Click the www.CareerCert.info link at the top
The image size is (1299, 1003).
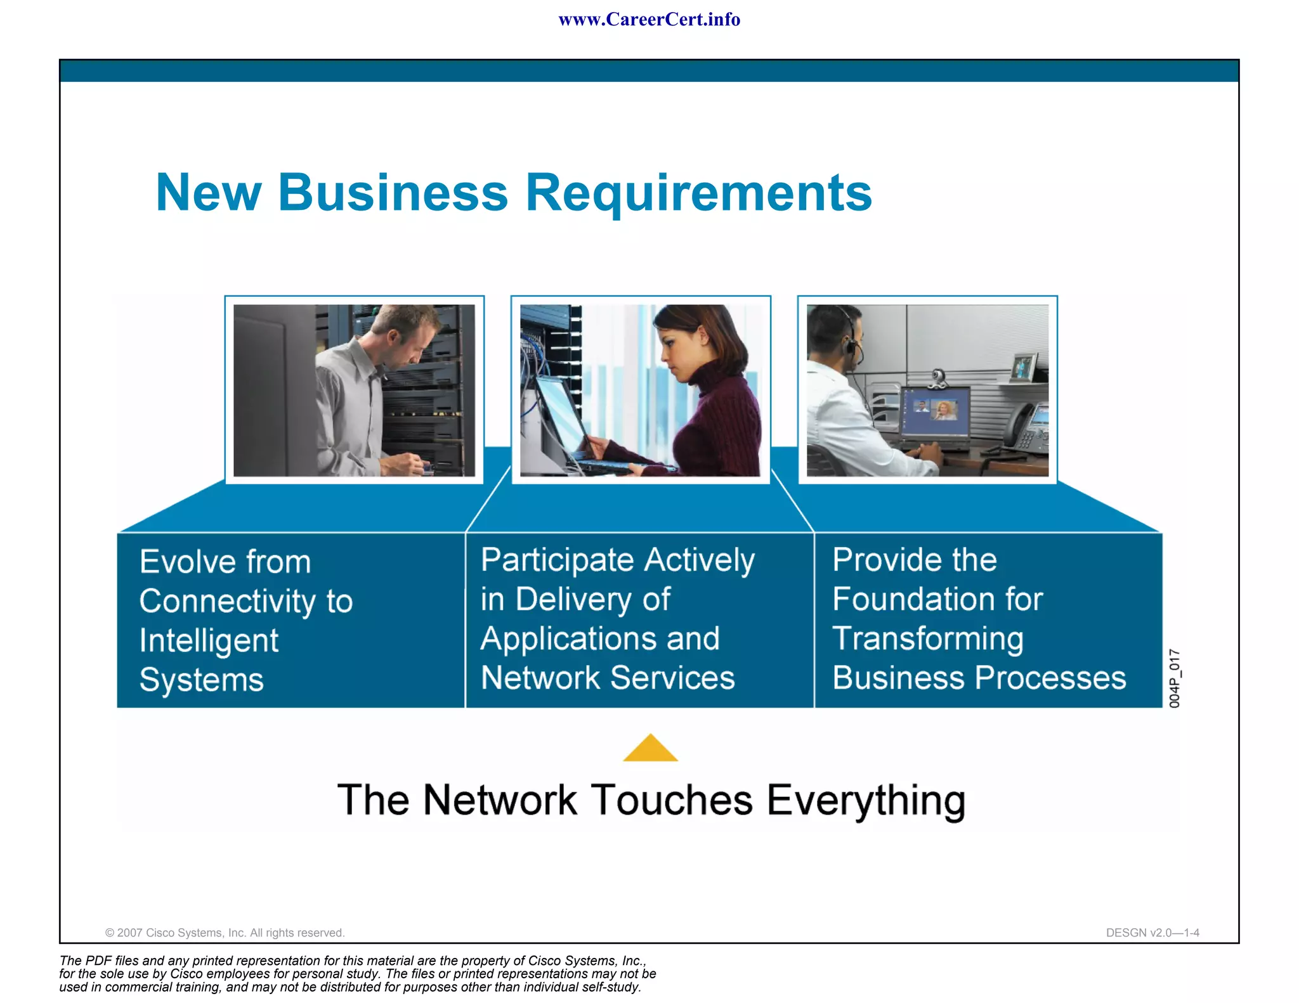pyautogui.click(x=649, y=20)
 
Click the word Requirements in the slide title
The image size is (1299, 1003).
pyautogui.click(x=698, y=193)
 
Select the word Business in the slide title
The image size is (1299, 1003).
pyautogui.click(x=393, y=193)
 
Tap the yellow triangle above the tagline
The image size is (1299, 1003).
pyautogui.click(x=650, y=749)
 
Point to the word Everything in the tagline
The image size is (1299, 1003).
pyautogui.click(x=866, y=801)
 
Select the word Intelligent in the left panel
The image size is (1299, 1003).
pyautogui.click(x=209, y=641)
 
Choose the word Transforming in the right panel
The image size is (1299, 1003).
pyautogui.click(x=927, y=639)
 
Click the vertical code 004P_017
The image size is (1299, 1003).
pyautogui.click(x=1174, y=678)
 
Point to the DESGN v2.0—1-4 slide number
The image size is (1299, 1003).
pyautogui.click(x=1152, y=933)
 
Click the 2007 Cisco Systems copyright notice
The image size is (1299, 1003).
pyautogui.click(x=225, y=933)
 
